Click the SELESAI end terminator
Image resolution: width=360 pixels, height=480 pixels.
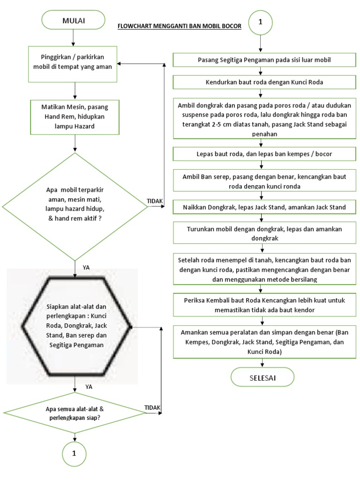262,377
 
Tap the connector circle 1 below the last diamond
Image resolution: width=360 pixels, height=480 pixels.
75,454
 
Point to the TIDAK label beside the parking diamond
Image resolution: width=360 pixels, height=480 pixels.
155,201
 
